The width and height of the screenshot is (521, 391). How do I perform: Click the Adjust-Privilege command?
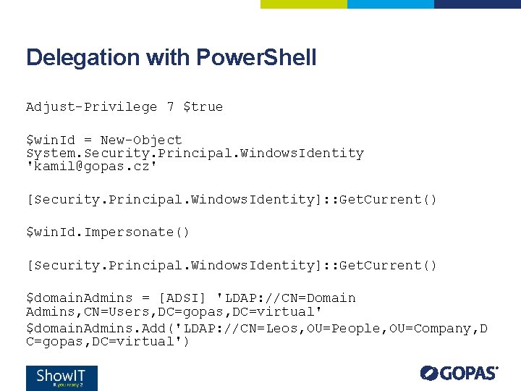click(91, 107)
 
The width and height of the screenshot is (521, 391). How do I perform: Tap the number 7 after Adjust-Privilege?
click(170, 107)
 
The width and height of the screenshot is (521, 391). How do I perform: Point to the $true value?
click(203, 107)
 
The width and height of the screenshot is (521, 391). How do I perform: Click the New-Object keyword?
click(141, 140)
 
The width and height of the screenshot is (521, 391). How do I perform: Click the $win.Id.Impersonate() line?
click(108, 232)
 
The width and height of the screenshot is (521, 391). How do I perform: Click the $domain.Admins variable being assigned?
click(79, 298)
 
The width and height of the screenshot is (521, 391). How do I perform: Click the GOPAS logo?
click(459, 374)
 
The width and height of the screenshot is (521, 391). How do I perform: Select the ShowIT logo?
click(62, 378)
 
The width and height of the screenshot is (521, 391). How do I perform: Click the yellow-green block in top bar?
click(303, 4)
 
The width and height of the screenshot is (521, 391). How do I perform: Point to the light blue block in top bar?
click(390, 4)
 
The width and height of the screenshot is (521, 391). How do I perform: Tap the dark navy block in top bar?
click(477, 4)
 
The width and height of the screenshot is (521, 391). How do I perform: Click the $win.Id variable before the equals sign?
click(54, 140)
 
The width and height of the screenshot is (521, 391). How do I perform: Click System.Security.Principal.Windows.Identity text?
click(195, 154)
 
